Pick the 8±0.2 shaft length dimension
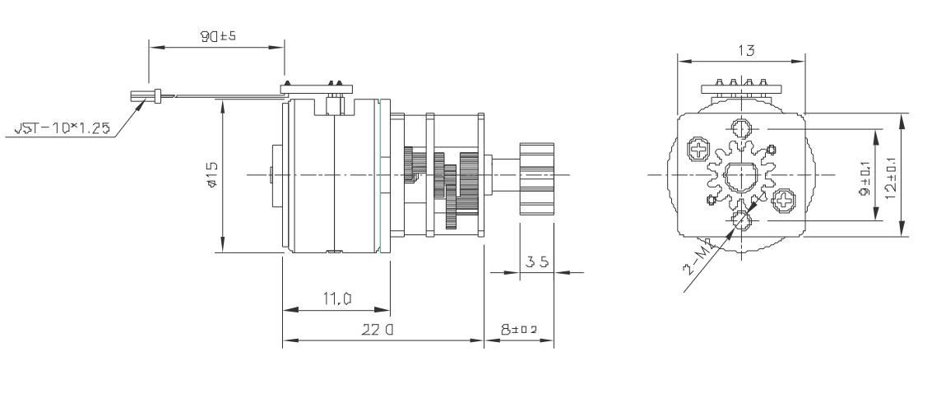[x=517, y=329]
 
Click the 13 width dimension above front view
[x=741, y=49]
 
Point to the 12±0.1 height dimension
[x=891, y=175]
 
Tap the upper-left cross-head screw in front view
[x=698, y=150]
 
